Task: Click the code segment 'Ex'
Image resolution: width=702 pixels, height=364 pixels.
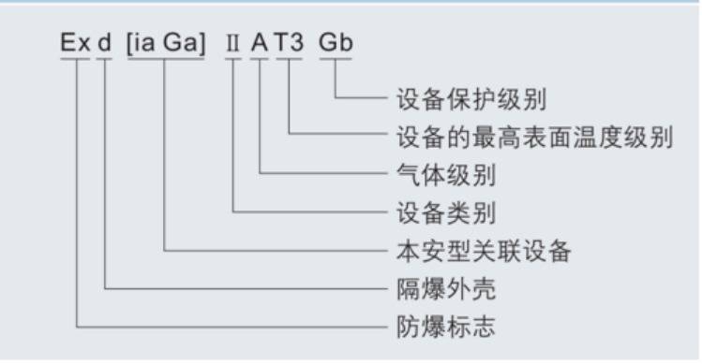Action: [x=75, y=44]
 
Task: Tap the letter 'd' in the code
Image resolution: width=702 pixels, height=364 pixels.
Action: [x=104, y=44]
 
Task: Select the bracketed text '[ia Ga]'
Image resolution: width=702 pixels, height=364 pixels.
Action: [x=164, y=44]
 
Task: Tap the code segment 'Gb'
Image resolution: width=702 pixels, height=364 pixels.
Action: [x=336, y=44]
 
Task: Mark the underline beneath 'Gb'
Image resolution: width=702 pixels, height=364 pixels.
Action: [x=336, y=61]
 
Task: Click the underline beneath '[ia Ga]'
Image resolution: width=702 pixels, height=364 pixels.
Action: [x=164, y=61]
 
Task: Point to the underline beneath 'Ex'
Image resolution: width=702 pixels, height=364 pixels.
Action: [x=75, y=61]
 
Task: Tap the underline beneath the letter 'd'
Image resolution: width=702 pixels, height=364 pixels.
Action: [x=104, y=61]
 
